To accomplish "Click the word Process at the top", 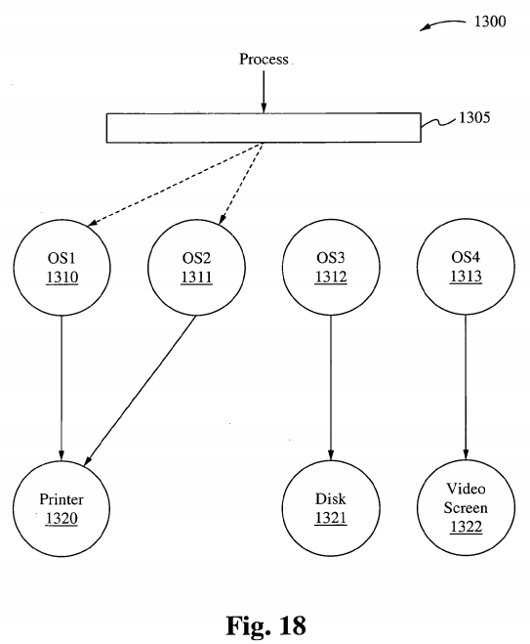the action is pos(264,60).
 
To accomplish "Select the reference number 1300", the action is pos(490,21).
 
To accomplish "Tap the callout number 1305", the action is pos(474,117).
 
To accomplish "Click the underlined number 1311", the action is pos(196,278).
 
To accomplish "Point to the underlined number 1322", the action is pos(466,527).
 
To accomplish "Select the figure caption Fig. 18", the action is pos(265,625).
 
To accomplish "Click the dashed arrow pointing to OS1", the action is pos(176,184).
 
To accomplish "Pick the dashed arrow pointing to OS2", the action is pos(241,184).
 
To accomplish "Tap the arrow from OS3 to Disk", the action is pos(331,388).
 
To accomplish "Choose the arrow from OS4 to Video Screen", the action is pos(466,387).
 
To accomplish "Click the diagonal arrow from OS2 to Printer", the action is pos(140,391).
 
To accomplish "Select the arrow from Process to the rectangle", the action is pos(264,92).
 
